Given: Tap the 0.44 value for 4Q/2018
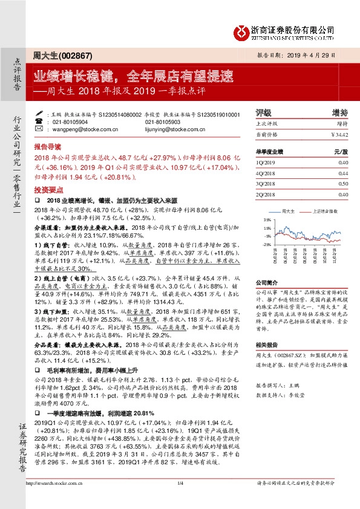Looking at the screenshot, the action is coord(343,172).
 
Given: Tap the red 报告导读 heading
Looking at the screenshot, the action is coord(47,146).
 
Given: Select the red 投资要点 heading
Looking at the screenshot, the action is coord(47,188).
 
